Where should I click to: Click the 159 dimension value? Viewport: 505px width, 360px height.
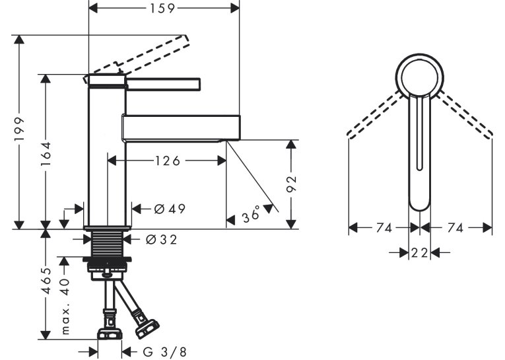(x=162, y=9)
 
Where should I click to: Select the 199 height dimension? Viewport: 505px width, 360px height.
(x=19, y=129)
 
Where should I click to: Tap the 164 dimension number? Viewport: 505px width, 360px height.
(x=46, y=154)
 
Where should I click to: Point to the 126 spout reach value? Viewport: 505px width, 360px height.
(x=168, y=161)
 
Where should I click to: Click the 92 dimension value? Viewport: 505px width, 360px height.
(x=291, y=184)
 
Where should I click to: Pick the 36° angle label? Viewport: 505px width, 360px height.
(x=252, y=215)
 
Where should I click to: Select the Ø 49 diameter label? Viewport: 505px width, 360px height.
(x=170, y=209)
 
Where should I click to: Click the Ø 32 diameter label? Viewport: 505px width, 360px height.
(x=161, y=240)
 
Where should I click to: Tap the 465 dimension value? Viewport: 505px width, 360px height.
(x=47, y=280)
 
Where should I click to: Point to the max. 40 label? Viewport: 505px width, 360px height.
(x=65, y=306)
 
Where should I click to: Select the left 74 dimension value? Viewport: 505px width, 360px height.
(x=384, y=228)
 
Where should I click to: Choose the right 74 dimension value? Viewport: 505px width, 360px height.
(x=455, y=228)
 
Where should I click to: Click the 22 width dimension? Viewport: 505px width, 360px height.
(x=420, y=253)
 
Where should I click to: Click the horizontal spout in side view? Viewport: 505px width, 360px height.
(x=181, y=127)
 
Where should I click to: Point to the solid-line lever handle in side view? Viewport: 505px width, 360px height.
(x=163, y=84)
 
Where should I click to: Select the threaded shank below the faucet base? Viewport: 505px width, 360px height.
(x=107, y=243)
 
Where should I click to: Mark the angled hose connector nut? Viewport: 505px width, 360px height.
(x=147, y=328)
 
